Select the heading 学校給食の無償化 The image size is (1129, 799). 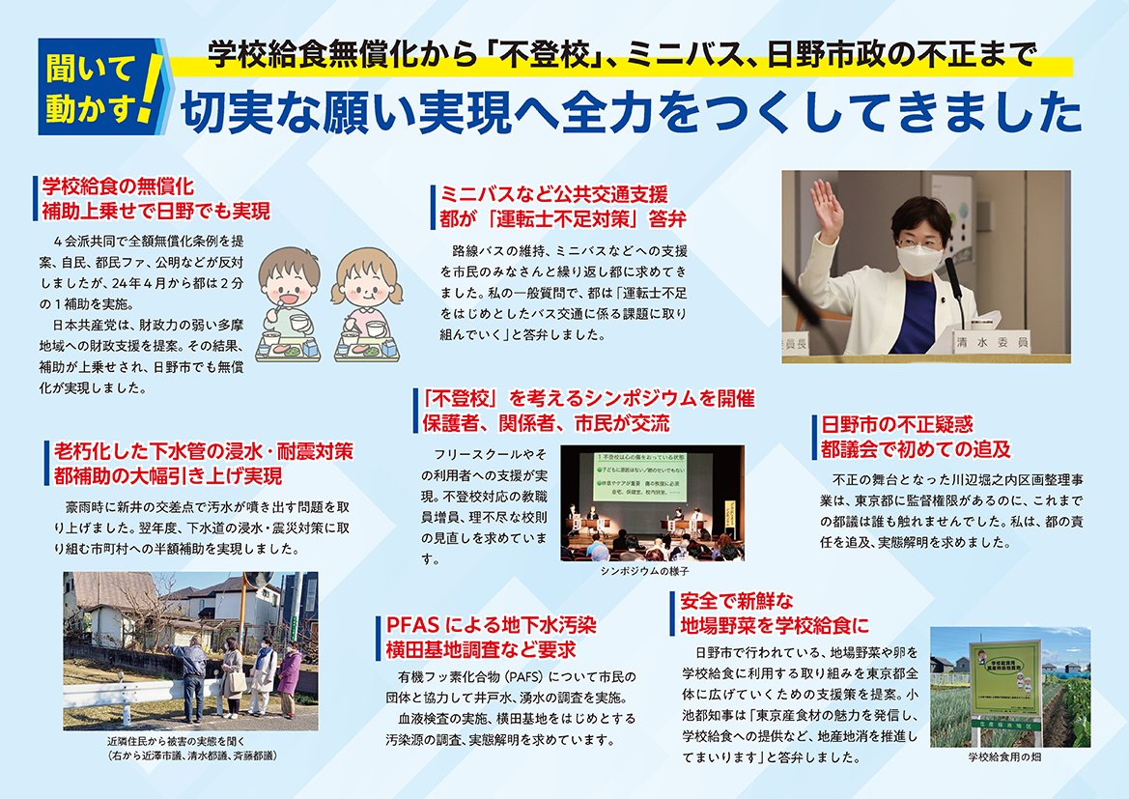click(x=118, y=186)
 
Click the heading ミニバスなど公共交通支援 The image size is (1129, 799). click(x=553, y=194)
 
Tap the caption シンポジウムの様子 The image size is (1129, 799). click(x=644, y=571)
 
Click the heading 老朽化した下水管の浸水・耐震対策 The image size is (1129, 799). click(x=204, y=452)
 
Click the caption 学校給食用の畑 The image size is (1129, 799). click(x=1004, y=757)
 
